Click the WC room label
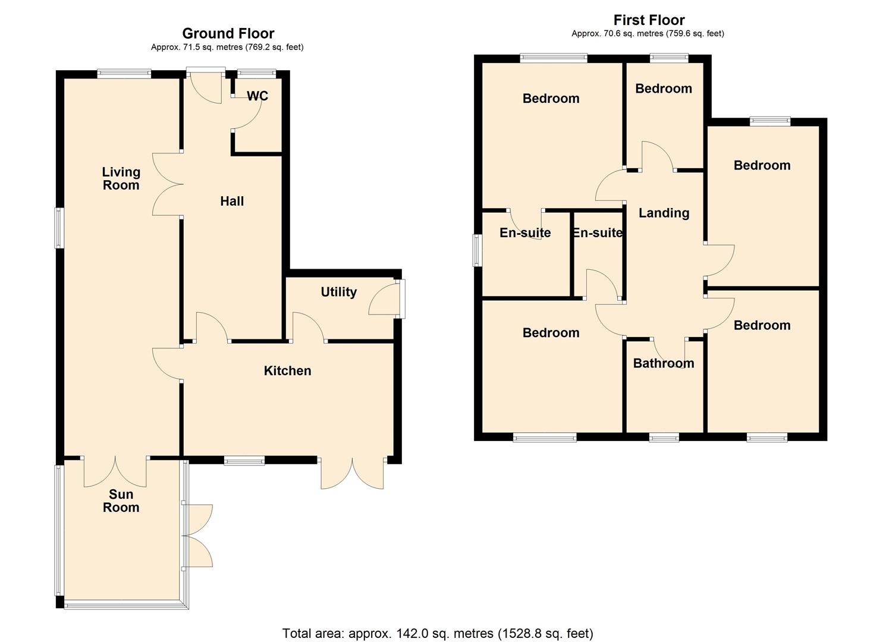click(x=257, y=96)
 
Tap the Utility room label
click(x=338, y=292)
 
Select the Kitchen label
click(x=287, y=371)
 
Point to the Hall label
click(x=232, y=202)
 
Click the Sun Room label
click(x=121, y=501)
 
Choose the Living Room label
click(x=121, y=178)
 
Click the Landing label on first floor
click(x=664, y=213)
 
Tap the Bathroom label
click(x=663, y=363)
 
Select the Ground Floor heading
click(x=228, y=33)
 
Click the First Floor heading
click(x=649, y=20)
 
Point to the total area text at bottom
click(x=438, y=633)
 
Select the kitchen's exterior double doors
click(x=352, y=474)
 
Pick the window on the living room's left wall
click(x=59, y=228)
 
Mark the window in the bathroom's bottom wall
click(x=664, y=438)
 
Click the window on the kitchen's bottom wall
click(x=244, y=460)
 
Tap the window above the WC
click(x=257, y=74)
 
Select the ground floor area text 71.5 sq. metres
click(x=227, y=48)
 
